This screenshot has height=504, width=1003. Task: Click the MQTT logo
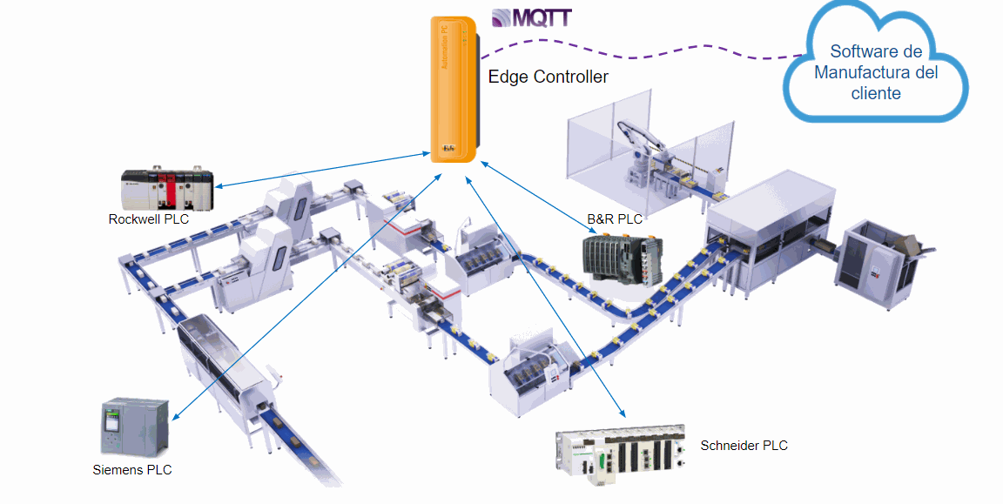(530, 17)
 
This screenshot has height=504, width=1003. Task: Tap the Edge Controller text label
(548, 77)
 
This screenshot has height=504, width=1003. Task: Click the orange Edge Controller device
(453, 87)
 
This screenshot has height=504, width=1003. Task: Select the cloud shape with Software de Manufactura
(876, 70)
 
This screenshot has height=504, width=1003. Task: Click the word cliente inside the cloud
(876, 93)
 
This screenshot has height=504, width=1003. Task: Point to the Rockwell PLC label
(148, 219)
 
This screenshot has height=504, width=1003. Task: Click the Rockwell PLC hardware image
(166, 186)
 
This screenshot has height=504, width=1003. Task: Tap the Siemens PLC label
(132, 470)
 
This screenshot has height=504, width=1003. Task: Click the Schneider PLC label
(744, 446)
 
